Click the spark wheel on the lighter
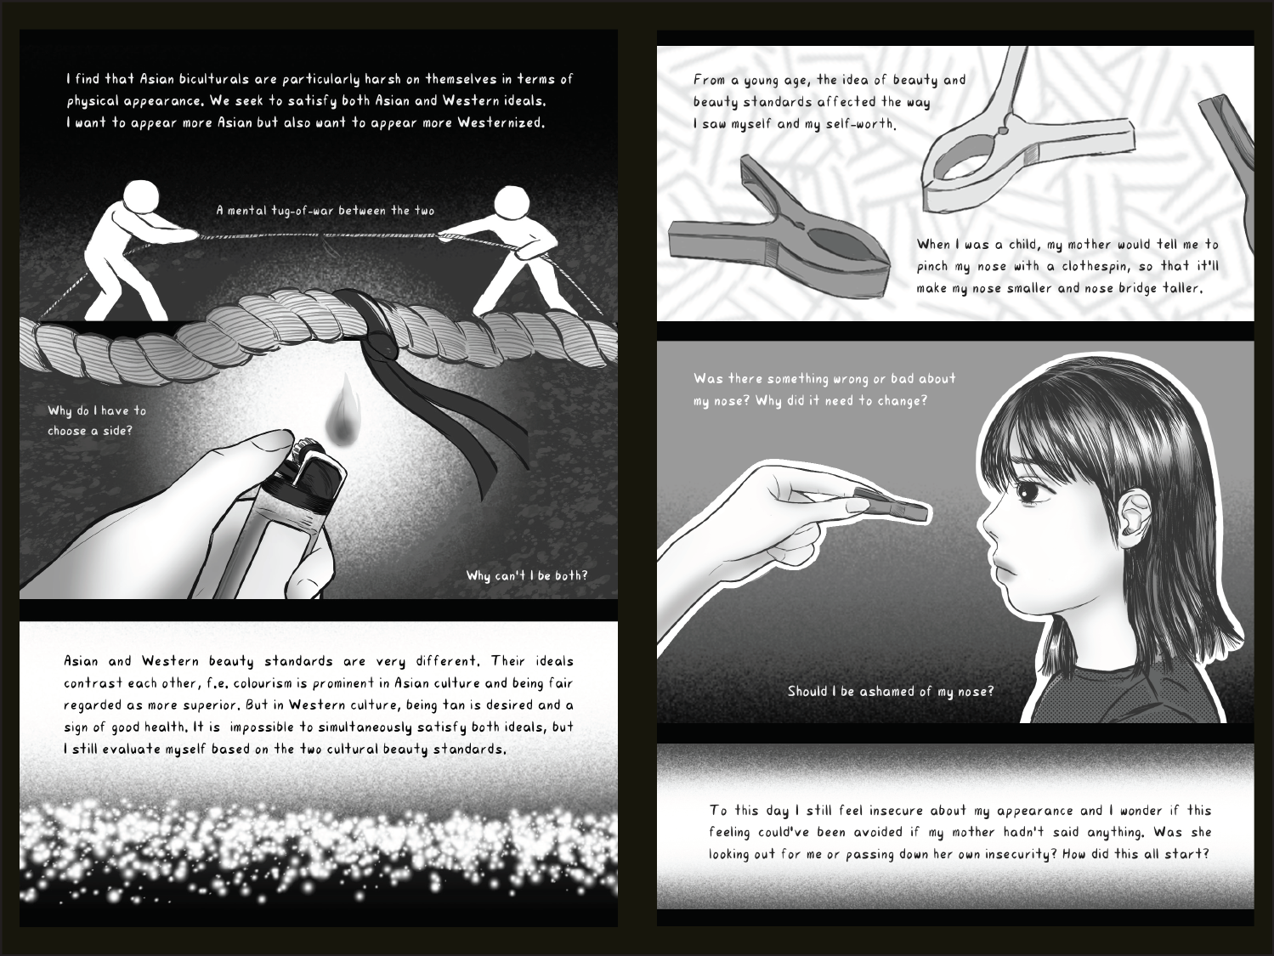coord(303,450)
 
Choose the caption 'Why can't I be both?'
coord(527,575)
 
